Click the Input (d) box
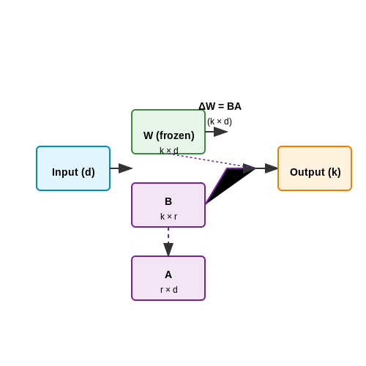(73, 168)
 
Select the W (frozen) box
(168, 132)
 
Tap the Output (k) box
(315, 168)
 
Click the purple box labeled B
(168, 205)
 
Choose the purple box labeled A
(168, 278)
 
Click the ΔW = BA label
(220, 106)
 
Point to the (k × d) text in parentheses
(220, 122)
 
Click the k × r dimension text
(168, 217)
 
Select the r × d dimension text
(169, 290)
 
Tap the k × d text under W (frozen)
(169, 150)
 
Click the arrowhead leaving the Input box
(126, 168)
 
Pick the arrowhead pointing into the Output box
(272, 168)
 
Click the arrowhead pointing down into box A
(168, 250)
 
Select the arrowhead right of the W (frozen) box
(221, 132)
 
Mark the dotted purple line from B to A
(168, 236)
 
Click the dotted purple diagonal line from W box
(211, 161)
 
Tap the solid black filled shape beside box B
(229, 182)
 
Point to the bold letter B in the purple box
(168, 201)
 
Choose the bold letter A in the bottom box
(168, 274)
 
